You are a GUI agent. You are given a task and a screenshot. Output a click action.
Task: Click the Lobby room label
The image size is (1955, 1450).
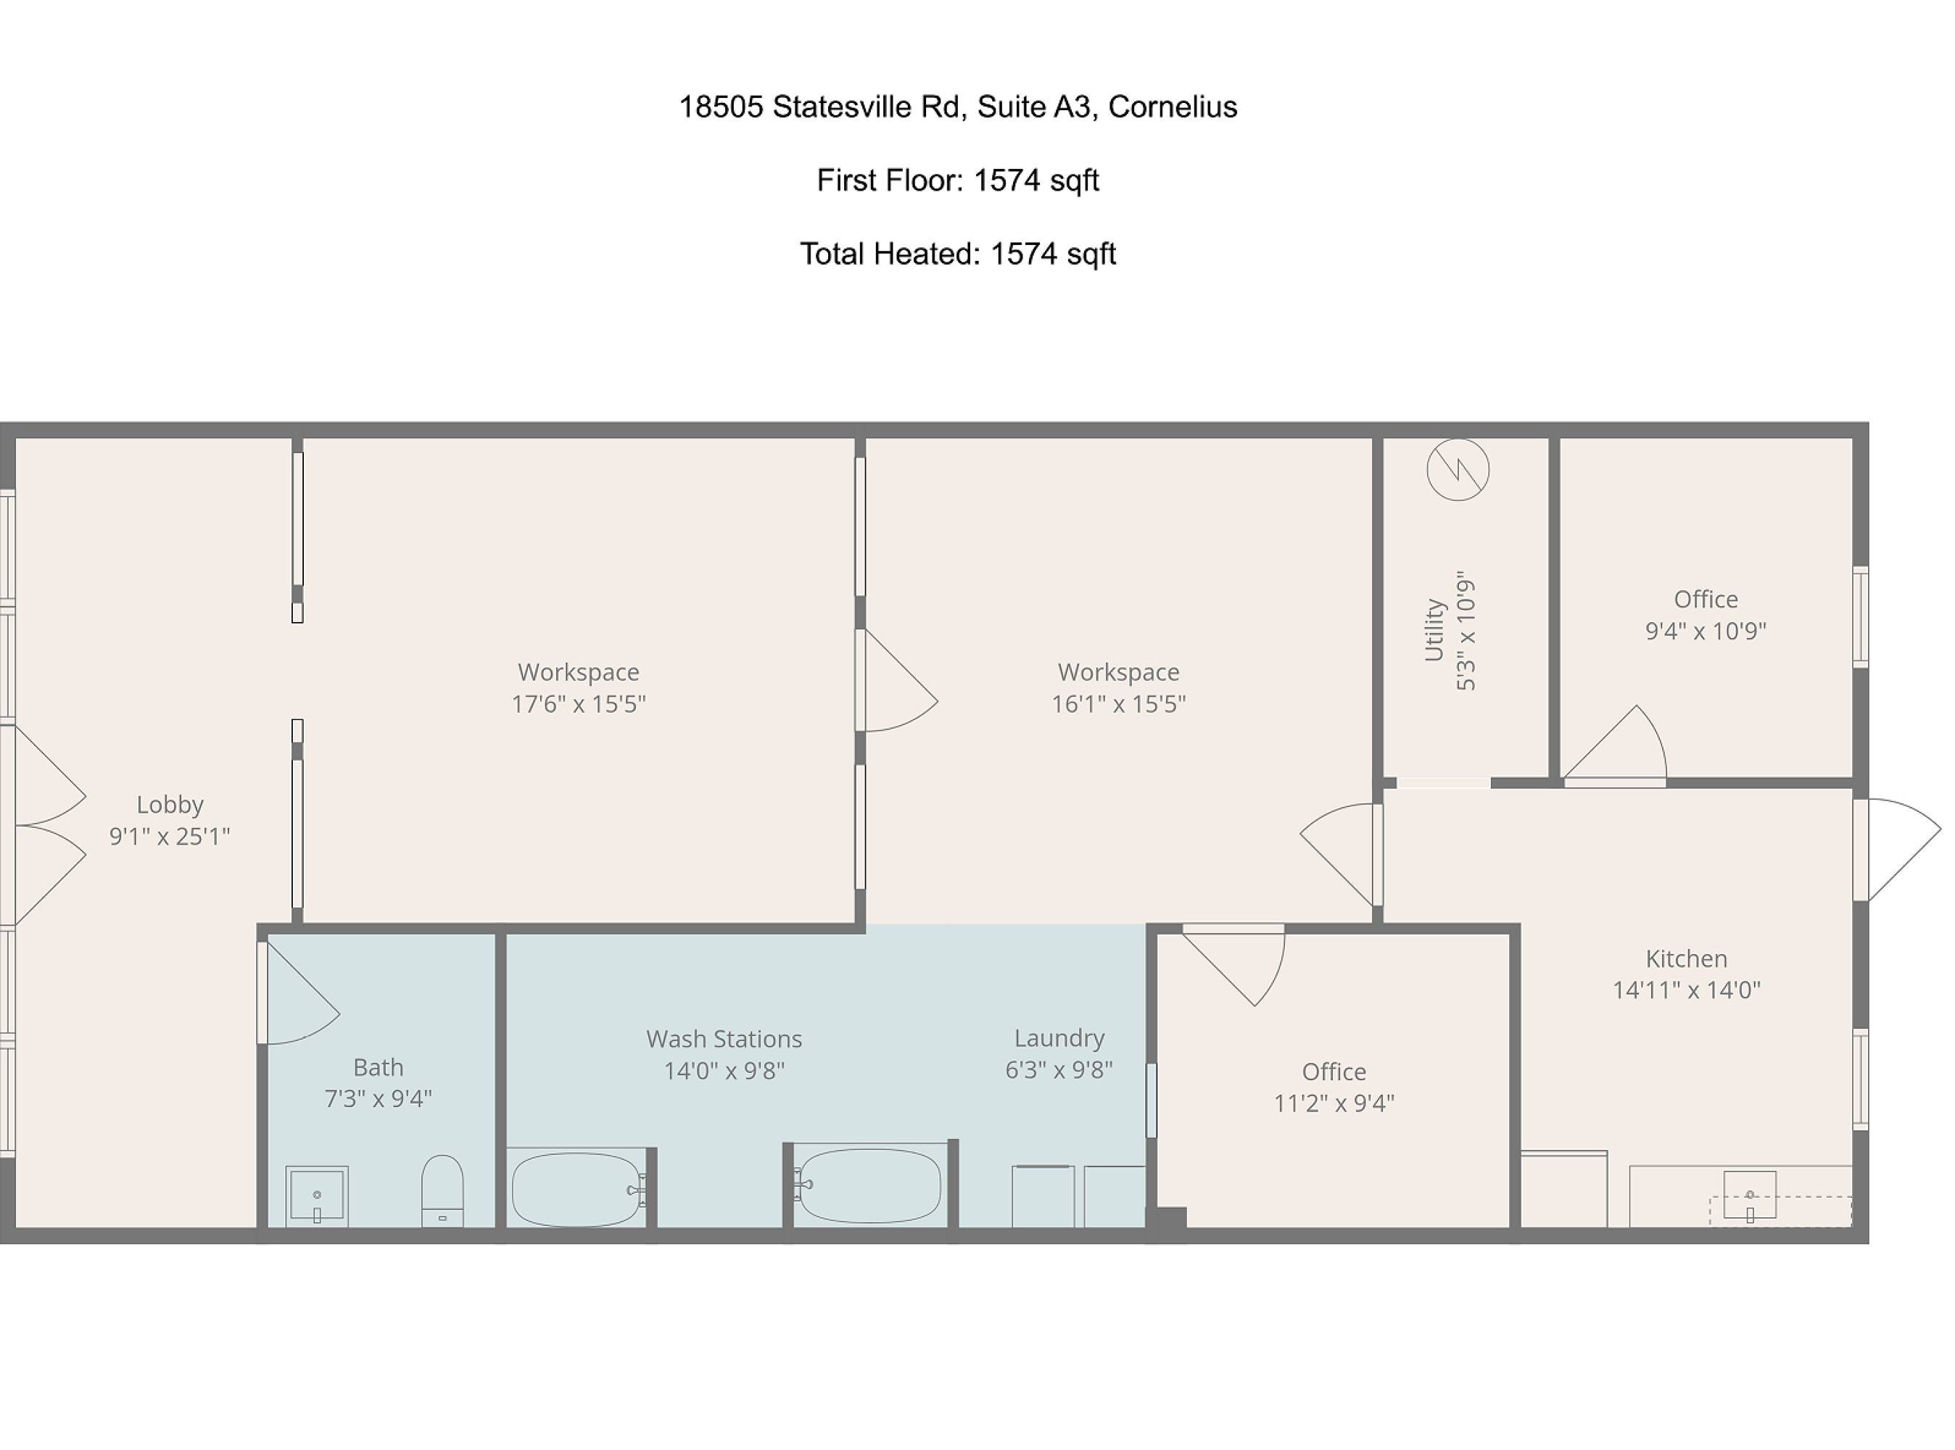coord(170,804)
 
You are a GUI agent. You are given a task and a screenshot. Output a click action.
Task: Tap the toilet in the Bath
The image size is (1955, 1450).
coord(442,1190)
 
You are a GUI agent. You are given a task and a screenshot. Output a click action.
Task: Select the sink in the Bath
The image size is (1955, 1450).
coord(317,1196)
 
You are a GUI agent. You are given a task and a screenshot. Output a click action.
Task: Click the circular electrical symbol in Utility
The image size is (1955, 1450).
coord(1458,470)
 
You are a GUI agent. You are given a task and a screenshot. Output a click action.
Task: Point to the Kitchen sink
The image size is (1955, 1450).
coord(1750,1195)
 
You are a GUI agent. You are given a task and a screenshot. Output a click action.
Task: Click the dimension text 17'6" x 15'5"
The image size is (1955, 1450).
coord(579,704)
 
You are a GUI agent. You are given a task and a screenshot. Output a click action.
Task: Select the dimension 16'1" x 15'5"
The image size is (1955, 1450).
coord(1118,704)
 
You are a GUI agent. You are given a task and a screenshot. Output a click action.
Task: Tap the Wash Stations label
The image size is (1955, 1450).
coord(724,1039)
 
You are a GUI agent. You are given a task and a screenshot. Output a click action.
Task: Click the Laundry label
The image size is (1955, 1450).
coord(1059,1038)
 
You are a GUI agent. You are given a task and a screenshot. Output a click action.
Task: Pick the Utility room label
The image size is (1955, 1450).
coord(1434,630)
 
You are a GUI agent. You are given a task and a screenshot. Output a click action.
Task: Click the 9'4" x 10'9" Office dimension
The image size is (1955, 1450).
coord(1705,631)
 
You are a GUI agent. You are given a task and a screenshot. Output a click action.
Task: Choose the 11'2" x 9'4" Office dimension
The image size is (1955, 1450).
coord(1334,1103)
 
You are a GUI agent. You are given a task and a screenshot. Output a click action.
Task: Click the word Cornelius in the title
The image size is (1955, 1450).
coord(1173,107)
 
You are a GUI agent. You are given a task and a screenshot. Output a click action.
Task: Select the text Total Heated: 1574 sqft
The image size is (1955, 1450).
coord(958,254)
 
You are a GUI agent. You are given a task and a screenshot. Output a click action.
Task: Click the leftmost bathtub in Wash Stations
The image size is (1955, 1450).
coord(576,1189)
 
